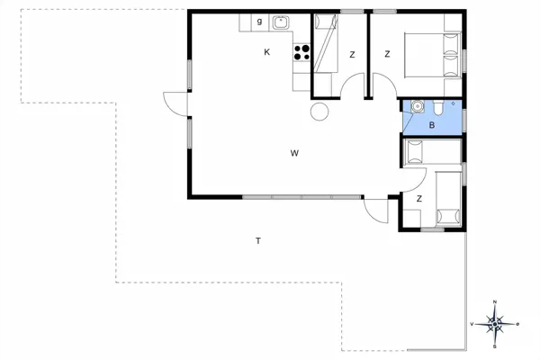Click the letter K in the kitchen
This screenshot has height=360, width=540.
coord(267,52)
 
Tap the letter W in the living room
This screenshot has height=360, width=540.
coord(294,153)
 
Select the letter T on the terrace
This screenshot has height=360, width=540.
coord(258,241)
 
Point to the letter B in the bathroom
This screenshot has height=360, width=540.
coord(432,125)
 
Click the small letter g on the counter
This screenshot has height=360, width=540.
coord(259,21)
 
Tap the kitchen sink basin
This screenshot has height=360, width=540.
coord(281,22)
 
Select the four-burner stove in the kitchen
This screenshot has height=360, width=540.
coord(302,51)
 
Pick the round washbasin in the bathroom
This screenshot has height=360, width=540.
coord(416,108)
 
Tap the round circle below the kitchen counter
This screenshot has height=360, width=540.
coord(318,112)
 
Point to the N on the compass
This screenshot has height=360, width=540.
coord(495,302)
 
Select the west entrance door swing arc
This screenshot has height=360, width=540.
coord(175,103)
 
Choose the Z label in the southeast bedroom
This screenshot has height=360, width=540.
coord(419,199)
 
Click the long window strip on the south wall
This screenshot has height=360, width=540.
coord(301,196)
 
